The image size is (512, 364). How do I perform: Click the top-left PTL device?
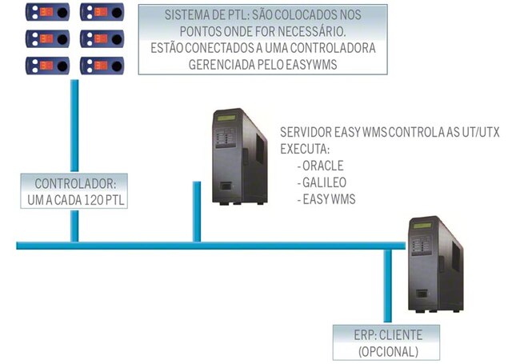point(46,13)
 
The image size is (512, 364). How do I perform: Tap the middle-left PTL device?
point(46,38)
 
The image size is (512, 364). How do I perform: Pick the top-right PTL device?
point(100,13)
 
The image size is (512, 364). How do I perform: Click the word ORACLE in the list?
point(322,166)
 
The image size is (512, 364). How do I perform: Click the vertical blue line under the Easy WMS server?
point(195,212)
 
